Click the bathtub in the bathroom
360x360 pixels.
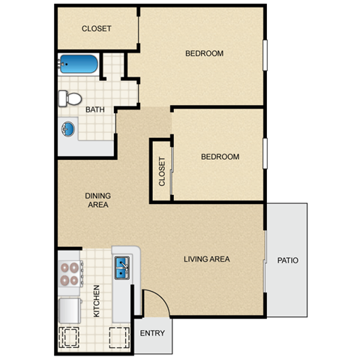click(x=79, y=64)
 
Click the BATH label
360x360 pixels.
click(x=95, y=110)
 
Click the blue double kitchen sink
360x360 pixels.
click(x=122, y=267)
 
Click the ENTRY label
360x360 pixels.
click(x=153, y=332)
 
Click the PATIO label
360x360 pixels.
click(x=287, y=261)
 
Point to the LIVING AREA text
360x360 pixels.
click(x=206, y=259)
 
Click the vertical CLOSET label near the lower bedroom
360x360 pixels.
click(x=161, y=171)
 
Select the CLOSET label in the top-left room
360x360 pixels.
click(x=96, y=28)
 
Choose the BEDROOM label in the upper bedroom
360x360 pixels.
click(x=205, y=53)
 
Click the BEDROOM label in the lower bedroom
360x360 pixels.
click(x=220, y=157)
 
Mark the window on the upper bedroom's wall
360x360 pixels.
click(x=264, y=55)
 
